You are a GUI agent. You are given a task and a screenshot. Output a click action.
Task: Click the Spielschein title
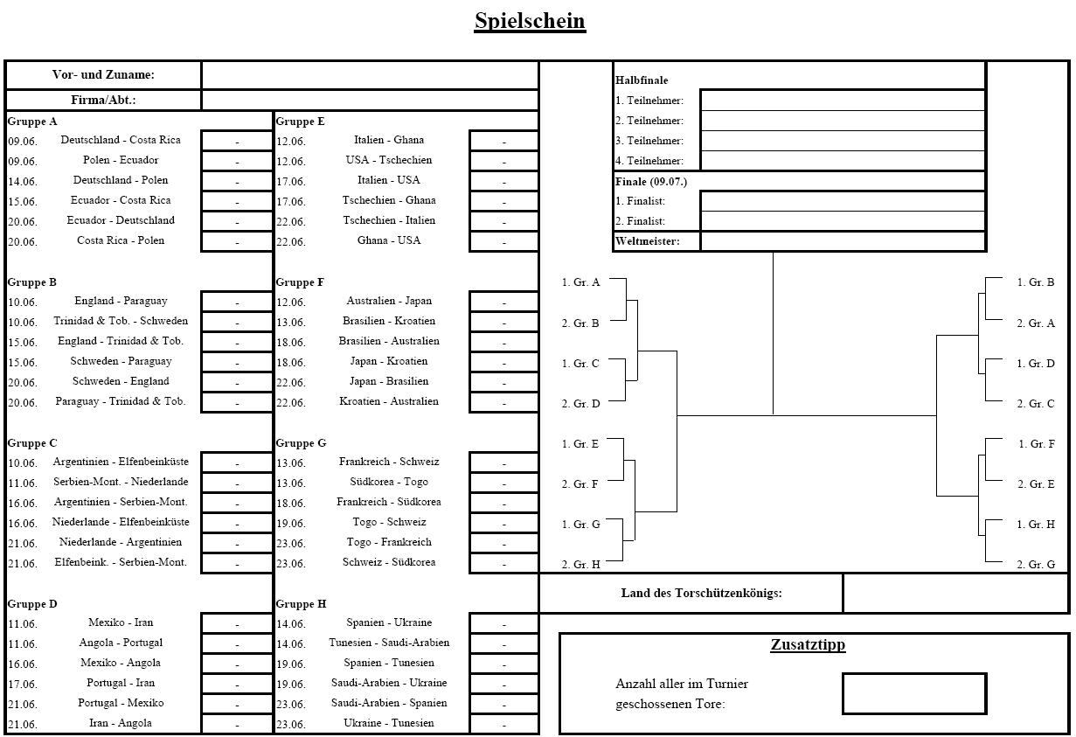click(530, 21)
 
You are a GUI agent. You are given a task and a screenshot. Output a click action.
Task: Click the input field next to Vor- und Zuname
click(369, 75)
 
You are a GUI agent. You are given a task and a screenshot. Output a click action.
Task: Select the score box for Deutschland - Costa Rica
click(237, 141)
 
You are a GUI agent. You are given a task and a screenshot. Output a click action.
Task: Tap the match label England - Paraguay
click(121, 301)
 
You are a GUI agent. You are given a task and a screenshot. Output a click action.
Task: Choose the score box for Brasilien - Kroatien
click(503, 323)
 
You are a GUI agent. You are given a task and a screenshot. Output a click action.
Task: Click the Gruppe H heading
click(301, 604)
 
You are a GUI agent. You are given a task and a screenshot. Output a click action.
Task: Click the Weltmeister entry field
click(843, 241)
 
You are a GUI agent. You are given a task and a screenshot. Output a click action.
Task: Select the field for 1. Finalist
click(843, 201)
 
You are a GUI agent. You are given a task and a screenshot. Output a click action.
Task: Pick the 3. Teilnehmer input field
click(843, 141)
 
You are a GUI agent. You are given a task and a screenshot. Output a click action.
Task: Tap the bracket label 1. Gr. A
click(580, 282)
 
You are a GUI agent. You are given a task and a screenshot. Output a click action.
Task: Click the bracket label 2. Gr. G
click(1036, 565)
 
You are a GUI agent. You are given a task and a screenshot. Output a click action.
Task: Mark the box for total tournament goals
click(914, 693)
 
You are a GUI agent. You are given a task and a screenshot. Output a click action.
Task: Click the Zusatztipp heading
click(808, 645)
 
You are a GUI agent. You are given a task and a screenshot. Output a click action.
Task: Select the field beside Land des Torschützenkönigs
click(955, 593)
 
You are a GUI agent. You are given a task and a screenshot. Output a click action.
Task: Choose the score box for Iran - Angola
click(237, 724)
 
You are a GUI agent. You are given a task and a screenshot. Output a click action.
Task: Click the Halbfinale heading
click(642, 80)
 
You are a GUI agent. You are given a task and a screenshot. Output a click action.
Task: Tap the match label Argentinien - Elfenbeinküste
click(121, 462)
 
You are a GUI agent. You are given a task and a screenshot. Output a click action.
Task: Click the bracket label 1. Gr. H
click(1036, 525)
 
